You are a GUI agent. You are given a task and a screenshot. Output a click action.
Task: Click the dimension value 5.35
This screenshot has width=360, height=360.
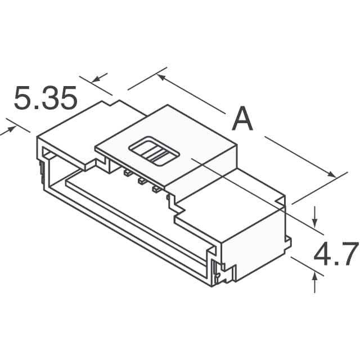[45, 99]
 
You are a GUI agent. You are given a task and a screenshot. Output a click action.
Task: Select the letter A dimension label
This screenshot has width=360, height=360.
[242, 119]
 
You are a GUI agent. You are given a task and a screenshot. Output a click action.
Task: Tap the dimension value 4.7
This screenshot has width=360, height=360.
[336, 254]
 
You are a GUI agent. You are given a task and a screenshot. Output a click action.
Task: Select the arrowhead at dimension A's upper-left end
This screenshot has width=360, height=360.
[161, 78]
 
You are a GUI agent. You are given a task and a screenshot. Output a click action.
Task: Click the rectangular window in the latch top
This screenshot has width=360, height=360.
[152, 150]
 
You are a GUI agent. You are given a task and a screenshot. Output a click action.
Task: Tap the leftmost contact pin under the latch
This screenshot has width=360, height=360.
[127, 173]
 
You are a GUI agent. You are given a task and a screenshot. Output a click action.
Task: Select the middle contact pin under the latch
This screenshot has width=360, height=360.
[141, 181]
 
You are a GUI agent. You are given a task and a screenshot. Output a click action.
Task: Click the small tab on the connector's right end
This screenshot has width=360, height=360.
[289, 242]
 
